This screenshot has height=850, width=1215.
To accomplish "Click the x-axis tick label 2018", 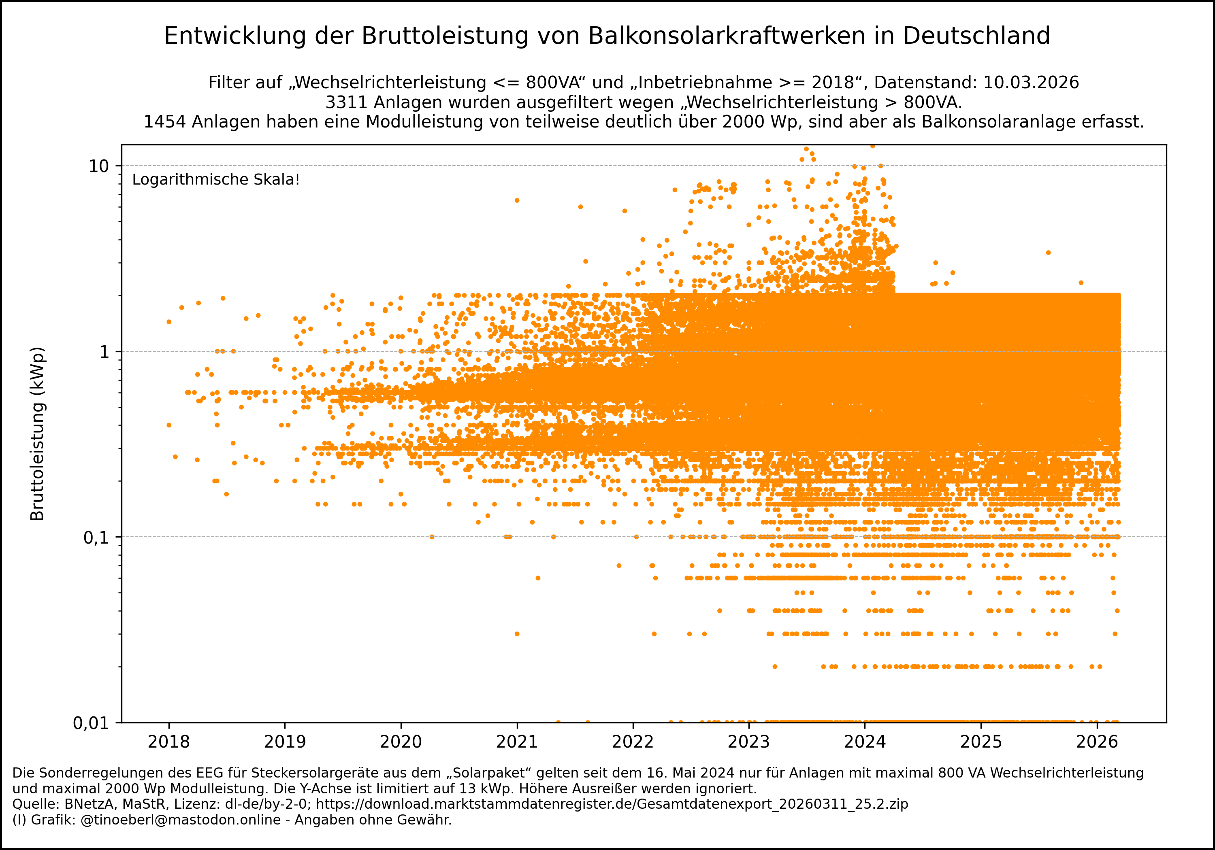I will click(x=168, y=742).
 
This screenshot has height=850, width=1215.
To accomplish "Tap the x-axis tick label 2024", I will click(x=865, y=742).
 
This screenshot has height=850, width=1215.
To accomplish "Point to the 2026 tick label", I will click(x=1097, y=742).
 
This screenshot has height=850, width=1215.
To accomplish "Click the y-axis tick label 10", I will click(x=98, y=166).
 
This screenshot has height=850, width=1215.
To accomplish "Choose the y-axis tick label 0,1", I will click(x=96, y=538).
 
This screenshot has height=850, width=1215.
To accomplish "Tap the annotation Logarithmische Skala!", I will click(x=216, y=180).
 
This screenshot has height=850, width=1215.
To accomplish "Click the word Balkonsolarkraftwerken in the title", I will click(x=727, y=36).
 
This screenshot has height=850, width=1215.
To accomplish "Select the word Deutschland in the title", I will click(x=976, y=36).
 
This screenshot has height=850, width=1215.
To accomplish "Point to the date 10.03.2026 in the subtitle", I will click(x=1031, y=83).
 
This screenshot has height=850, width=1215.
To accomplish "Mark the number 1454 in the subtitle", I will click(x=164, y=122).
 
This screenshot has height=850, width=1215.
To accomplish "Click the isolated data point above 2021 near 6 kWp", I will click(x=517, y=200).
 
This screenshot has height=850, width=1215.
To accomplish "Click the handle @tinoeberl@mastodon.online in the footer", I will click(x=181, y=820).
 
